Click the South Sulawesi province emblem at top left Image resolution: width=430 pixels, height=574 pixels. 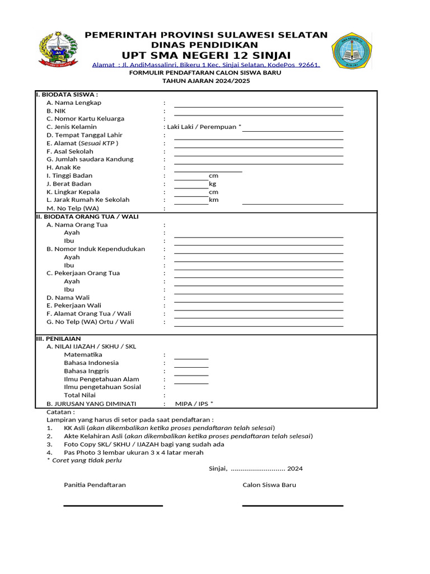pos(58,50)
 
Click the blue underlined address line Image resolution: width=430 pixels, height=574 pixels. pos(206,65)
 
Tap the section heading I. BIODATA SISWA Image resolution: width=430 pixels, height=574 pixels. pos(67,94)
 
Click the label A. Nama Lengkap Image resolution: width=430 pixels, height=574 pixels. pos(74,103)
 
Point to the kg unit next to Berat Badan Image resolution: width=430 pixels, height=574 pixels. pos(212,184)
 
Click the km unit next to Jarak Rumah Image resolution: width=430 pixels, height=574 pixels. pos(213,200)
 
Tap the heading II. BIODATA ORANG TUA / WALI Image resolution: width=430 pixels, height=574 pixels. pos(87,216)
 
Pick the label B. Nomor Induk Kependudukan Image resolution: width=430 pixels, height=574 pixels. pos(96,249)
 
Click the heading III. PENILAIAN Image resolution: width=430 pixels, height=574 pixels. pos(58,339)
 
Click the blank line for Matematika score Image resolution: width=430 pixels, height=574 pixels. pos(191,358)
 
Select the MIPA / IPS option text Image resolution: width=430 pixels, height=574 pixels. pos(194,404)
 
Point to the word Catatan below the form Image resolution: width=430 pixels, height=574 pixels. pos(60,411)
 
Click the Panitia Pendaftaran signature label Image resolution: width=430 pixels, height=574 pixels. pos(95,485)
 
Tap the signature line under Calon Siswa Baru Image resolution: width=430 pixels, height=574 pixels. pos(292,506)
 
